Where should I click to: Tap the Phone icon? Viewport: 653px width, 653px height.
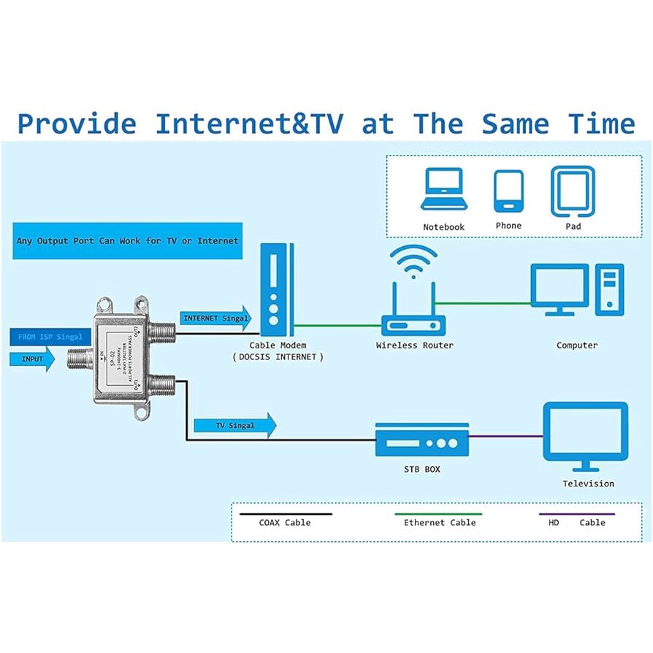tap(508, 191)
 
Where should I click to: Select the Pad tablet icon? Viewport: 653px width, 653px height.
tap(573, 191)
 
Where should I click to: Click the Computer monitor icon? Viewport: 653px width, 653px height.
tap(560, 289)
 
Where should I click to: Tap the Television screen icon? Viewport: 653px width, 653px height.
tap(585, 436)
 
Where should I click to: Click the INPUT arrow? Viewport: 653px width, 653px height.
tap(33, 359)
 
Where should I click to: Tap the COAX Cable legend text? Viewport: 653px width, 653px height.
tap(284, 522)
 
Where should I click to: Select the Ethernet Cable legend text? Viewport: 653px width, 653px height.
tap(440, 522)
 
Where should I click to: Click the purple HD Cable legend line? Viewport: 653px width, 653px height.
tap(577, 514)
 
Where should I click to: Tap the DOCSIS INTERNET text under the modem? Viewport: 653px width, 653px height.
tap(278, 357)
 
